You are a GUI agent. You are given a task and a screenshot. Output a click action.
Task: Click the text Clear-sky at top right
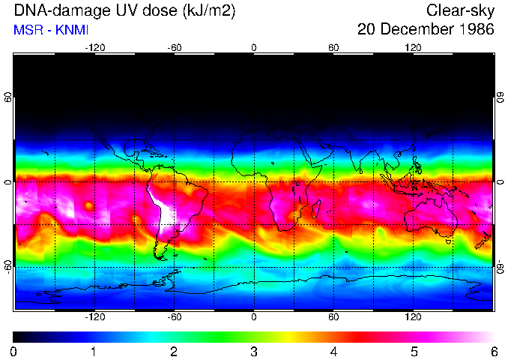point(459,10)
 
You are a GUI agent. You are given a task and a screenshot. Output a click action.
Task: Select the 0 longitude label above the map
point(254,47)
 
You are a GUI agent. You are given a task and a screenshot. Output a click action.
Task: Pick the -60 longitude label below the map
point(174,317)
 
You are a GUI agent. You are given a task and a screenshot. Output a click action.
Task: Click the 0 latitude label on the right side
point(500,181)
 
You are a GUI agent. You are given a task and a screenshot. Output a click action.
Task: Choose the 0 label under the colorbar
point(14,351)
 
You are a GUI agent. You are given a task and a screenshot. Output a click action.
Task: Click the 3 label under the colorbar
point(254,351)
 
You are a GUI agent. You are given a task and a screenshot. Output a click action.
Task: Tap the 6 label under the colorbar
point(493,351)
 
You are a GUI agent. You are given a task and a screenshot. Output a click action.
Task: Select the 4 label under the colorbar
point(333,351)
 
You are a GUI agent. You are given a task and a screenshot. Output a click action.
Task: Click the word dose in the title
point(154,10)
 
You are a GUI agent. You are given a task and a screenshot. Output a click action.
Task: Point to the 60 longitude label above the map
point(333,47)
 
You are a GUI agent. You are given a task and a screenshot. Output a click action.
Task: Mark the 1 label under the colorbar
point(94,351)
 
